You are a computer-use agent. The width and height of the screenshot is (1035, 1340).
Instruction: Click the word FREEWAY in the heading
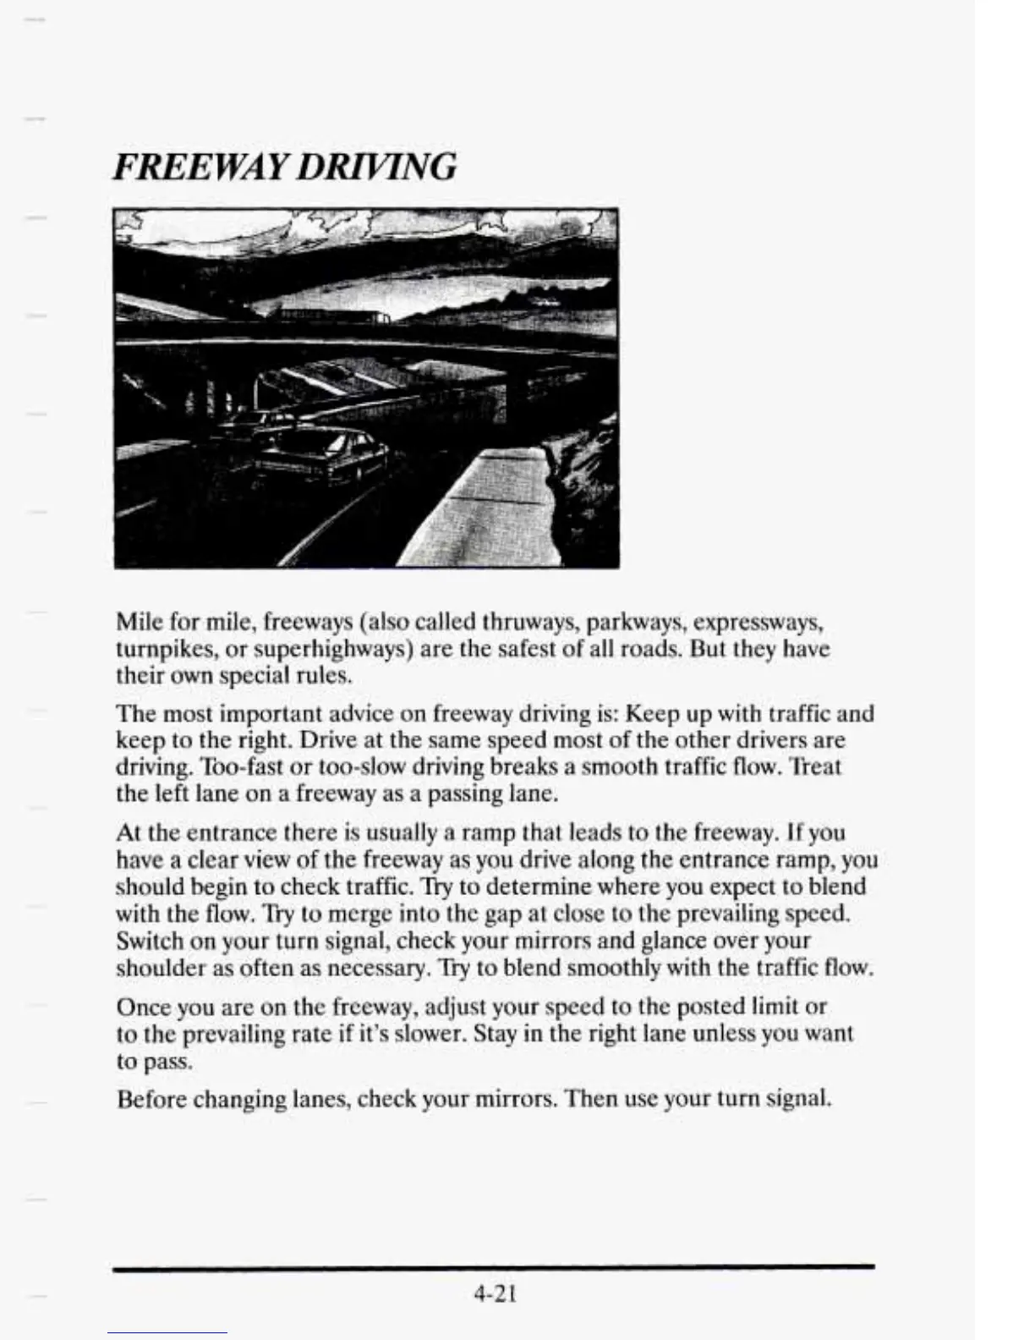click(202, 166)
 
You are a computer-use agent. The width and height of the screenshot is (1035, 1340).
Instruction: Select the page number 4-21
click(496, 1293)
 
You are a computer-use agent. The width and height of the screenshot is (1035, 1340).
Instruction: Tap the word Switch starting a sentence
click(143, 940)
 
